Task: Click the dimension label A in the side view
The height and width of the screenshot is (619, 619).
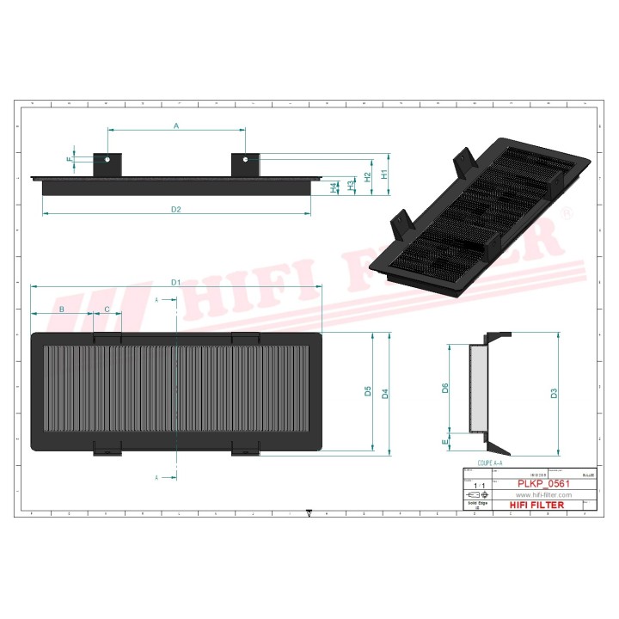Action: click(176, 126)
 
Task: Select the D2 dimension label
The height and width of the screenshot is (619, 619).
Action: click(175, 209)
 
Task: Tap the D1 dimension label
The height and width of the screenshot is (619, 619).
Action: click(175, 282)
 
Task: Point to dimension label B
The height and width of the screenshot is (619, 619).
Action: click(61, 309)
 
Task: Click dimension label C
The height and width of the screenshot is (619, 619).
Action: click(107, 309)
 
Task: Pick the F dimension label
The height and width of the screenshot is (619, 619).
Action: click(70, 159)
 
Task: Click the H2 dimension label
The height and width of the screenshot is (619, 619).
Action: click(367, 176)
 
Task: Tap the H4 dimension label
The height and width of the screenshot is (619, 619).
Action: click(334, 187)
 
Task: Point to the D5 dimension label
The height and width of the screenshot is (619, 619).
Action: click(367, 392)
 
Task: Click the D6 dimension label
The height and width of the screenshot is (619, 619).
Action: click(445, 388)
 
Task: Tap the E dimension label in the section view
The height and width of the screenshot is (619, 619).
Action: click(444, 442)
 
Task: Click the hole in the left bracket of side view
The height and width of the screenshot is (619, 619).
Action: click(107, 159)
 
